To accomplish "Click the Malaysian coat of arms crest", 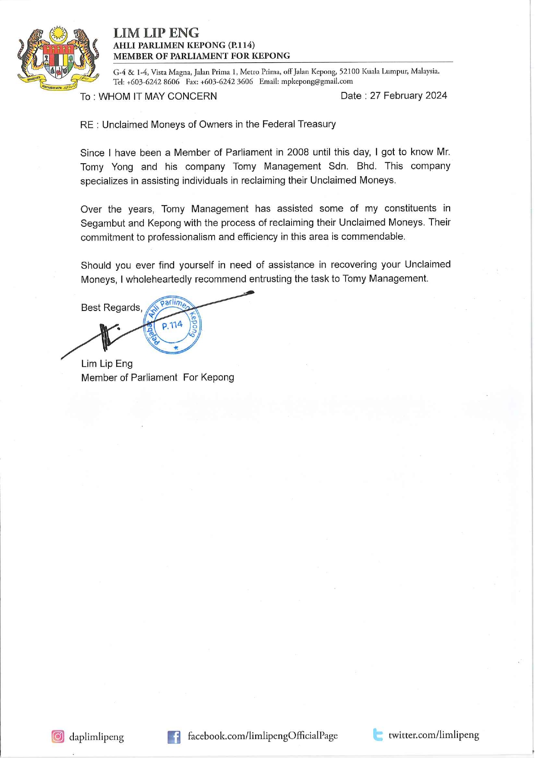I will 58,58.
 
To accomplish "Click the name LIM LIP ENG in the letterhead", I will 156,33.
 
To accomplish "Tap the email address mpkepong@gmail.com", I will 317,81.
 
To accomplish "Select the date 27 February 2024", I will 408,95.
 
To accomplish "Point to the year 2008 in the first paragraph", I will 298,152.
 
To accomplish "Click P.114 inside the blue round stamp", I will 172,325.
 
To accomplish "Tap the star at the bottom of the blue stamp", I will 176,347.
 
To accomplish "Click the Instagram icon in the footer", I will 58,736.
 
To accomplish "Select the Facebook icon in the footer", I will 174,736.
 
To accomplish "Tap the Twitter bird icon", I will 378,735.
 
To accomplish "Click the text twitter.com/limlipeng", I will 434,735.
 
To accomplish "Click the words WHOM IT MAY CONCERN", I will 158,96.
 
